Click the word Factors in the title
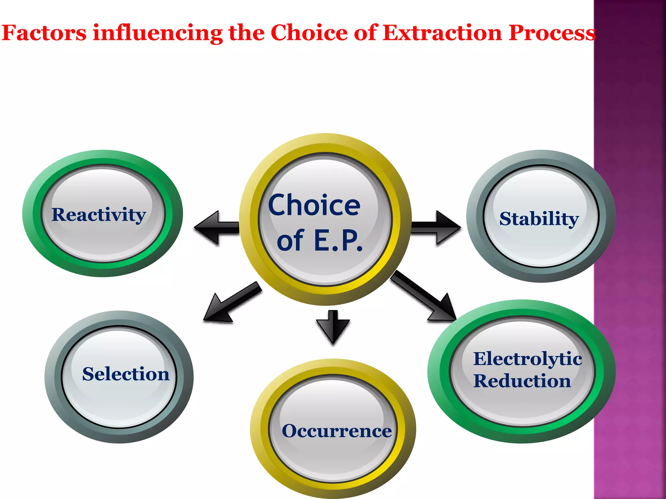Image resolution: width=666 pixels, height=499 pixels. click(44, 33)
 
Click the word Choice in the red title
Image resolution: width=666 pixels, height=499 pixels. click(309, 33)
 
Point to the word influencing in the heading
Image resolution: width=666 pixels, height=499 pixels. click(158, 33)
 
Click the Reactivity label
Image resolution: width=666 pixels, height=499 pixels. click(99, 215)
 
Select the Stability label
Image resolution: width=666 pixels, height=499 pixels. click(539, 219)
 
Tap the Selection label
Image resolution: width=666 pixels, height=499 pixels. click(126, 374)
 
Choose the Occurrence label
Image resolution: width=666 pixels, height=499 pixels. click(337, 431)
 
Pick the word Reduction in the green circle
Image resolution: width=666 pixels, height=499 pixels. click(522, 381)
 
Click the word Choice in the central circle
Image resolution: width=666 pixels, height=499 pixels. click(314, 205)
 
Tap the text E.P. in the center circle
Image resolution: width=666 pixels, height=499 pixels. click(338, 241)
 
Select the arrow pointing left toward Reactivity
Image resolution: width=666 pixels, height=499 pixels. click(216, 227)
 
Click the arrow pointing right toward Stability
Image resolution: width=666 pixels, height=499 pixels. click(436, 227)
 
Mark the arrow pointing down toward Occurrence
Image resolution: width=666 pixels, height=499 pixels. click(333, 326)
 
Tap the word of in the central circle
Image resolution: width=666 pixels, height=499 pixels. click(290, 241)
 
